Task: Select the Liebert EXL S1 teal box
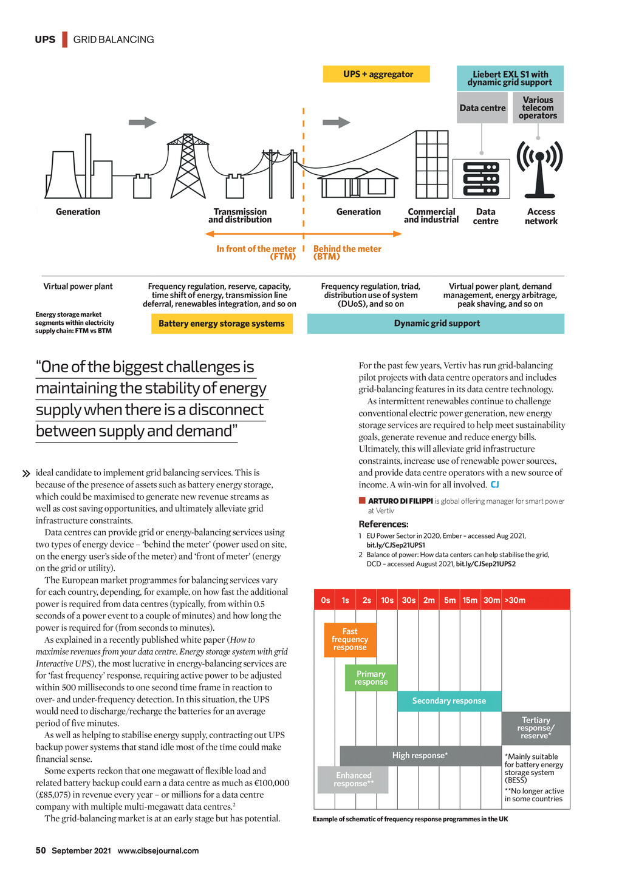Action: (x=510, y=78)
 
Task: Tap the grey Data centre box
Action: (x=482, y=108)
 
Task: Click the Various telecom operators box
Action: (x=538, y=108)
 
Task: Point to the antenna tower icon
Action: (x=539, y=169)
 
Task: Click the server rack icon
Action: (x=481, y=178)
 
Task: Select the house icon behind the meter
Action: (x=358, y=182)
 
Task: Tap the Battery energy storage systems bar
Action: (x=222, y=324)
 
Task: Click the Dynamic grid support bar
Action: (x=436, y=324)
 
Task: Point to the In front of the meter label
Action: (x=256, y=253)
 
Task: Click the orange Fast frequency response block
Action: (x=350, y=640)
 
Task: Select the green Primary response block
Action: (x=371, y=678)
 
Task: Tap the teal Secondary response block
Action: (x=449, y=701)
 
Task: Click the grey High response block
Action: (x=420, y=756)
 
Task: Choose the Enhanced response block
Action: (x=353, y=780)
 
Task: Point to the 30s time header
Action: (x=408, y=600)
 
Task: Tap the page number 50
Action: (x=41, y=850)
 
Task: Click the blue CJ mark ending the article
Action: (x=495, y=484)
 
